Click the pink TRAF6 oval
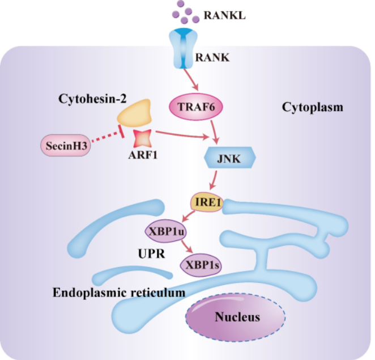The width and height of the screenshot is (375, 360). (196, 107)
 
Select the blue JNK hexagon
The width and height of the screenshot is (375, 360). (230, 158)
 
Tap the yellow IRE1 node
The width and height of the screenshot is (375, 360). (207, 202)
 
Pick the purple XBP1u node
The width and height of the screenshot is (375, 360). (166, 231)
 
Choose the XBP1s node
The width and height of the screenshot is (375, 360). (201, 265)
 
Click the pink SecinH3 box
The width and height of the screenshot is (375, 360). (66, 146)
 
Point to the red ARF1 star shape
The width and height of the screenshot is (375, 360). (143, 138)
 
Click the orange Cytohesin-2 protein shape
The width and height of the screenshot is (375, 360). (135, 113)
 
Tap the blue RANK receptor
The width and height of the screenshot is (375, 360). (184, 48)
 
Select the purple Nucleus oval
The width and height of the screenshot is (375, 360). (236, 317)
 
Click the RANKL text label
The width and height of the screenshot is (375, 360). (224, 15)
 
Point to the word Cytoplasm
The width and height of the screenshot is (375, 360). (313, 107)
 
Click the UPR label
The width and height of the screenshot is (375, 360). (151, 254)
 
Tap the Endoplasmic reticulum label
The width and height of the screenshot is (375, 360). (119, 293)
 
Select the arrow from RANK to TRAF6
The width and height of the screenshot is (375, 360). (191, 80)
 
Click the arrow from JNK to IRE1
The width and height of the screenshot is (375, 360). (214, 180)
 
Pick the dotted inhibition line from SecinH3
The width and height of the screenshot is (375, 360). (108, 135)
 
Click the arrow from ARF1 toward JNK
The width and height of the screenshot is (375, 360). (182, 134)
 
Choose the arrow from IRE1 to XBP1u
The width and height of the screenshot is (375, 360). (188, 216)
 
